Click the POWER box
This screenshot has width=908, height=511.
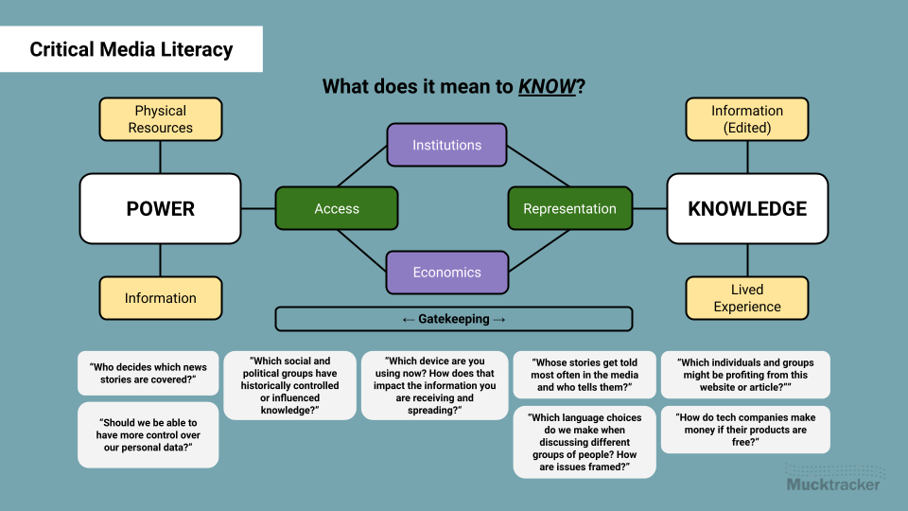tap(161, 208)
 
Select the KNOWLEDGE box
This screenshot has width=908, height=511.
tap(747, 208)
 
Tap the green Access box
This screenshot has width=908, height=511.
tap(337, 209)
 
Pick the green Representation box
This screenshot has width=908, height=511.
tap(569, 209)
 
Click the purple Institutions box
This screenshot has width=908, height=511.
tap(446, 145)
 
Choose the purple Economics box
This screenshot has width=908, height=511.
tap(446, 273)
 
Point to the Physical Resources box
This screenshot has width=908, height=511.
tap(161, 119)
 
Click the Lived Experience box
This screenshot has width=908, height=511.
tap(747, 298)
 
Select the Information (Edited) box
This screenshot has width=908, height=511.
tap(747, 119)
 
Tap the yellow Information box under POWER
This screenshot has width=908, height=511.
tap(161, 298)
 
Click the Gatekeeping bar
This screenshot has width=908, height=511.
tap(454, 319)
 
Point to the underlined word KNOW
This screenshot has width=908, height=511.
tap(547, 87)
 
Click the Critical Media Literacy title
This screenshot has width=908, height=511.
tap(131, 49)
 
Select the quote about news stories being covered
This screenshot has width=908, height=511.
tap(148, 373)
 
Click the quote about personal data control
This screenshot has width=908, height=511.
tap(148, 434)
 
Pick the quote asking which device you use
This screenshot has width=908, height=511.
tap(434, 385)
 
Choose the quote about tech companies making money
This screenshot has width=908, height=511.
tap(745, 430)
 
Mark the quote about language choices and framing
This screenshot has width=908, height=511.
tap(584, 442)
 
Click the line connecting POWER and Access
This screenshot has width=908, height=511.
tap(258, 208)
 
